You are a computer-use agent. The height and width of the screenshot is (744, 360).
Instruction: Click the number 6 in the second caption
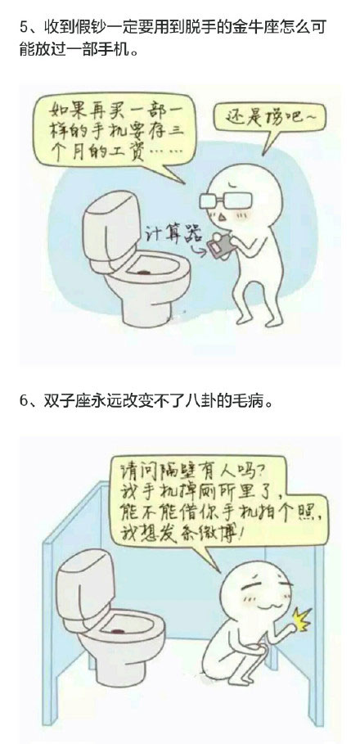(23, 402)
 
